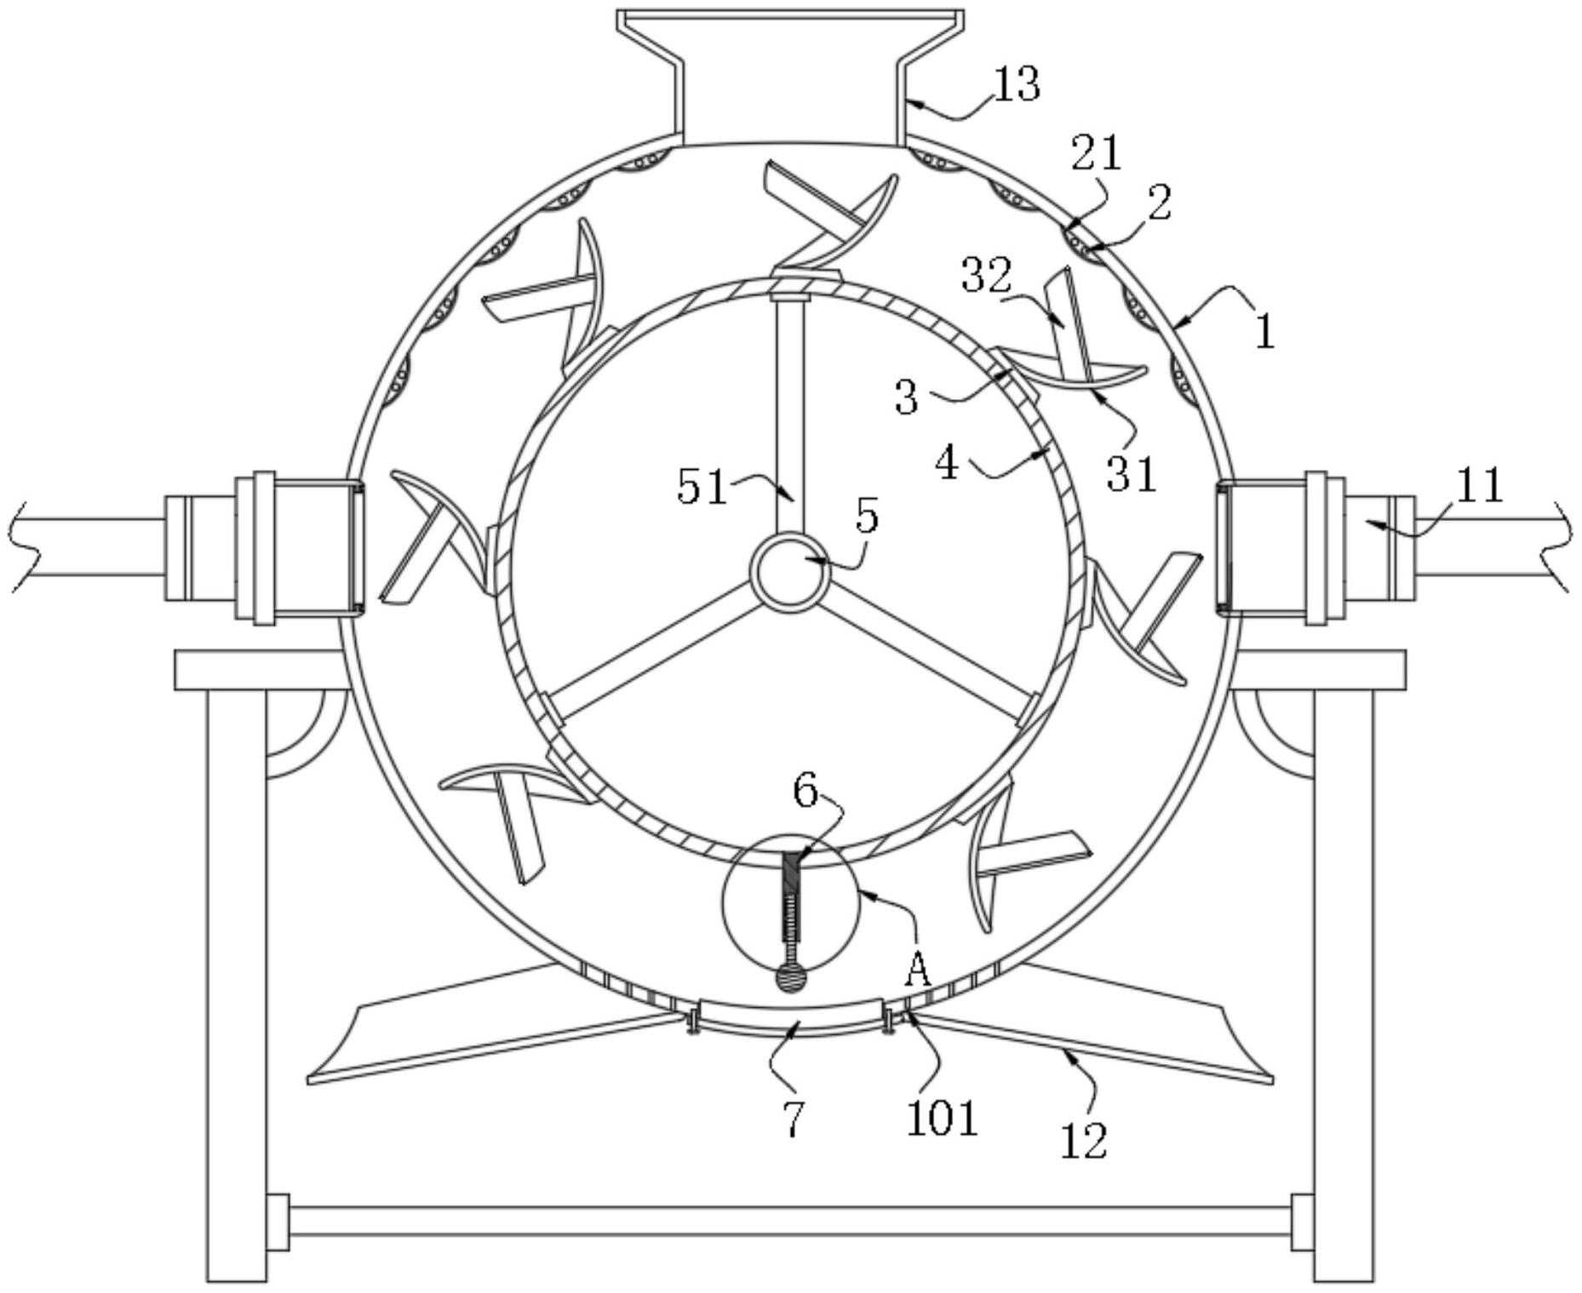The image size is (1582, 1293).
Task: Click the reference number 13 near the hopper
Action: [1017, 85]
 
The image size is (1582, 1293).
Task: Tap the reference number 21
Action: [1097, 154]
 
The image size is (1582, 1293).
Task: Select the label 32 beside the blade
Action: [987, 275]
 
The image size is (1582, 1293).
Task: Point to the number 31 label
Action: [1132, 474]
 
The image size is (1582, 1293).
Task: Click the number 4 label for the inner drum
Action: [948, 464]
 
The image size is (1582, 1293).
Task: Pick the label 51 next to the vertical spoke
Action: [702, 487]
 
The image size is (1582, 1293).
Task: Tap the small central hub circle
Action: [789, 572]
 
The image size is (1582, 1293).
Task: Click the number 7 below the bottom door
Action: [793, 1119]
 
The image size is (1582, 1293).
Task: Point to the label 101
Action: [942, 1118]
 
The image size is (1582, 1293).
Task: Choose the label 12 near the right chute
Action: [1084, 1140]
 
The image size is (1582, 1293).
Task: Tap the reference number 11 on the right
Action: [1480, 486]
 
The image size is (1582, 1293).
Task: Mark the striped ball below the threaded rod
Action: [789, 978]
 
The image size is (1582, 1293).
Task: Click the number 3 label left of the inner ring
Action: [907, 397]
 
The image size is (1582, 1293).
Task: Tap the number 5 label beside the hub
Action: [867, 516]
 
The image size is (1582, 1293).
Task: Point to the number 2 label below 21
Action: [1159, 203]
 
